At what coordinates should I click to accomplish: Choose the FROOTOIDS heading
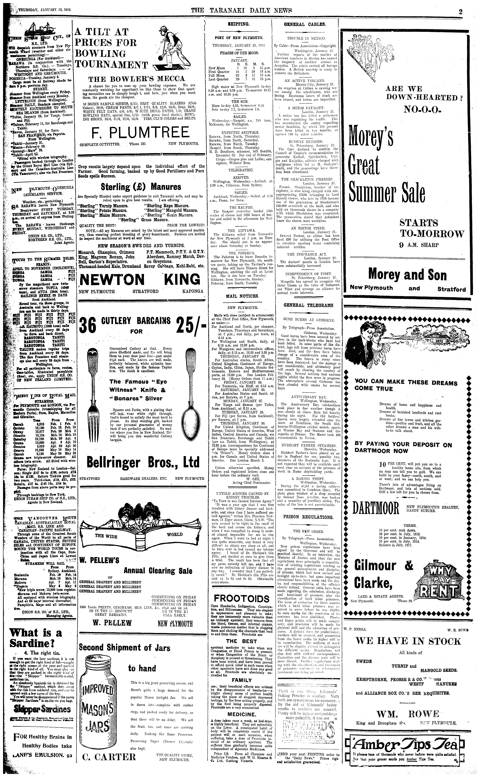[x=242, y=598]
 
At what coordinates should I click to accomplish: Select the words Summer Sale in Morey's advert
[x=387, y=193]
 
